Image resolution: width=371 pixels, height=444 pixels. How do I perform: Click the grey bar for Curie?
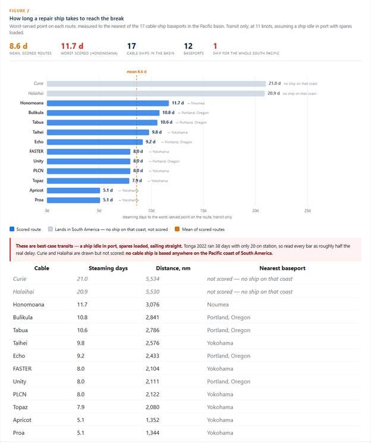156,83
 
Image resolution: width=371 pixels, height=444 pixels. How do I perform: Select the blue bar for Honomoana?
108,103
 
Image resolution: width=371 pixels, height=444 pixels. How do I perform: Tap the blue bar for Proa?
73,200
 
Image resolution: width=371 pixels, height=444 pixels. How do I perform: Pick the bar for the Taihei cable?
98,132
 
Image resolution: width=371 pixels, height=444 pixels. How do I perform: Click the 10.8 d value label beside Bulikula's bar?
168,112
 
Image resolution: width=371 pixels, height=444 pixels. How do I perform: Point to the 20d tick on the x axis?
255,211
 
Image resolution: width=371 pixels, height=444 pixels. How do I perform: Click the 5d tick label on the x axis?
99,211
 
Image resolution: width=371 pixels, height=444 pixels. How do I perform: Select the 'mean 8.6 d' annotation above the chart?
137,71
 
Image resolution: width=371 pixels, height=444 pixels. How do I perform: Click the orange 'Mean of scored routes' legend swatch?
177,229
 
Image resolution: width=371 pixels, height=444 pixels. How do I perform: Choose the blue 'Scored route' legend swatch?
12,229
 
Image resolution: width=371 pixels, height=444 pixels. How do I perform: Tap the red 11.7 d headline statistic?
72,46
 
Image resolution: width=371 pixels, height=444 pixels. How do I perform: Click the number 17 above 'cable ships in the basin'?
131,46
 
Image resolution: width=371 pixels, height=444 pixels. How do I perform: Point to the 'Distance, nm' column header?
173,268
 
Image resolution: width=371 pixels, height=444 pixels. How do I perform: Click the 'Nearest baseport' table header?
282,268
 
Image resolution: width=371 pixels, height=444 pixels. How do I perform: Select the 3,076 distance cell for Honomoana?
153,304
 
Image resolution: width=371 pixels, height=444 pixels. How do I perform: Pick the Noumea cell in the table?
218,304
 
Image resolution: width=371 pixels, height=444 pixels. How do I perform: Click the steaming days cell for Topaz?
81,407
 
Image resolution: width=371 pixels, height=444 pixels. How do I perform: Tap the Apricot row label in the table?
22,420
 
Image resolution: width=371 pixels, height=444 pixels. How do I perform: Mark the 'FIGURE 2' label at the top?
19,11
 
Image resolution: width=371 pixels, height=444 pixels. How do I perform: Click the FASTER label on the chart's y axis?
36,152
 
